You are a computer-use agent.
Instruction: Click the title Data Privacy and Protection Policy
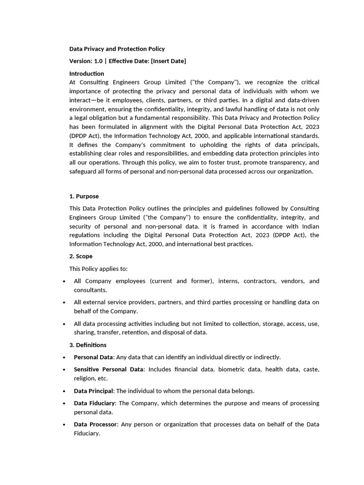[x=117, y=49]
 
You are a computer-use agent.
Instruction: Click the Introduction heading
[x=87, y=73]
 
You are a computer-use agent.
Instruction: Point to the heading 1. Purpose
[x=84, y=196]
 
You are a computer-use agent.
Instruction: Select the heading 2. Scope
[x=81, y=256]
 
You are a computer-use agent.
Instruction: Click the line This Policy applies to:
[x=99, y=269]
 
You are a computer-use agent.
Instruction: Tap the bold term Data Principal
[x=93, y=391]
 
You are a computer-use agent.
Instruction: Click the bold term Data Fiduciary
[x=94, y=403]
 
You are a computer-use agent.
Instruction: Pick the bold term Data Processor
[x=95, y=424]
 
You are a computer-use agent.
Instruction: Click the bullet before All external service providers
[x=64, y=303]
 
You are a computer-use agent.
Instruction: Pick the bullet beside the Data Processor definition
[x=64, y=425]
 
